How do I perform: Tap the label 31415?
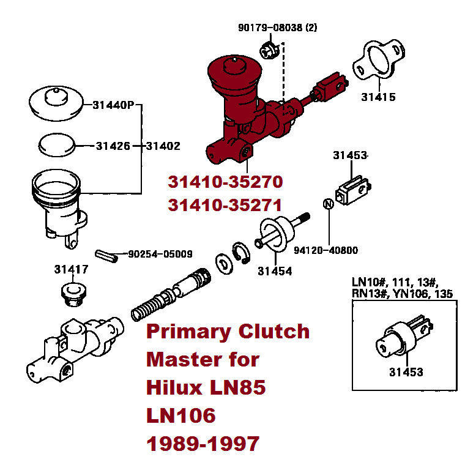pos(378,97)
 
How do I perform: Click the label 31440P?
pos(113,105)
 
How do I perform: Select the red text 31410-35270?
pos(225,182)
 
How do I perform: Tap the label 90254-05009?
pos(160,254)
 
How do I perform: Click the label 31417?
pos(72,269)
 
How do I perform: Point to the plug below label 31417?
pos(74,292)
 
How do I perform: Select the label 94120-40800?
pos(325,250)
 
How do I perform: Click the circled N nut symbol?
pos(327,204)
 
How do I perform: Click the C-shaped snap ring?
pos(240,252)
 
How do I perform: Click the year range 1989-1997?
pos(203,444)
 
